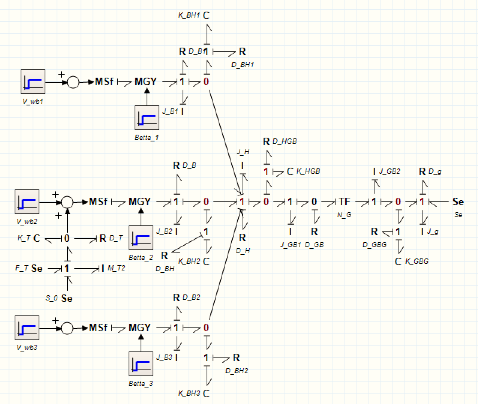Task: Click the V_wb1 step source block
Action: pos(33,82)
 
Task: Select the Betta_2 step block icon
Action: pos(141,238)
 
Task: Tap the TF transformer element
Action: pos(344,202)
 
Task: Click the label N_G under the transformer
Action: pos(344,215)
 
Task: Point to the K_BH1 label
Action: pos(189,15)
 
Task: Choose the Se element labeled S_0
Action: pos(67,299)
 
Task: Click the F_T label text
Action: pos(22,268)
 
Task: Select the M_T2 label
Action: pos(116,268)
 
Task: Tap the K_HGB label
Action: pos(308,171)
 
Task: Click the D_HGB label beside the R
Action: pos(285,141)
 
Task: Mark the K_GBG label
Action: pos(417,261)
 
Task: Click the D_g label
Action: pos(435,171)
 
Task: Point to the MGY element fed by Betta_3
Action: pos(139,328)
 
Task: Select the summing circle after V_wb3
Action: pos(67,328)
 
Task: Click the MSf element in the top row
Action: pos(104,82)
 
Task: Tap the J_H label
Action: pos(243,152)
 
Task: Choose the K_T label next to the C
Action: pos(24,238)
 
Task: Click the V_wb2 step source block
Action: pos(27,202)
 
